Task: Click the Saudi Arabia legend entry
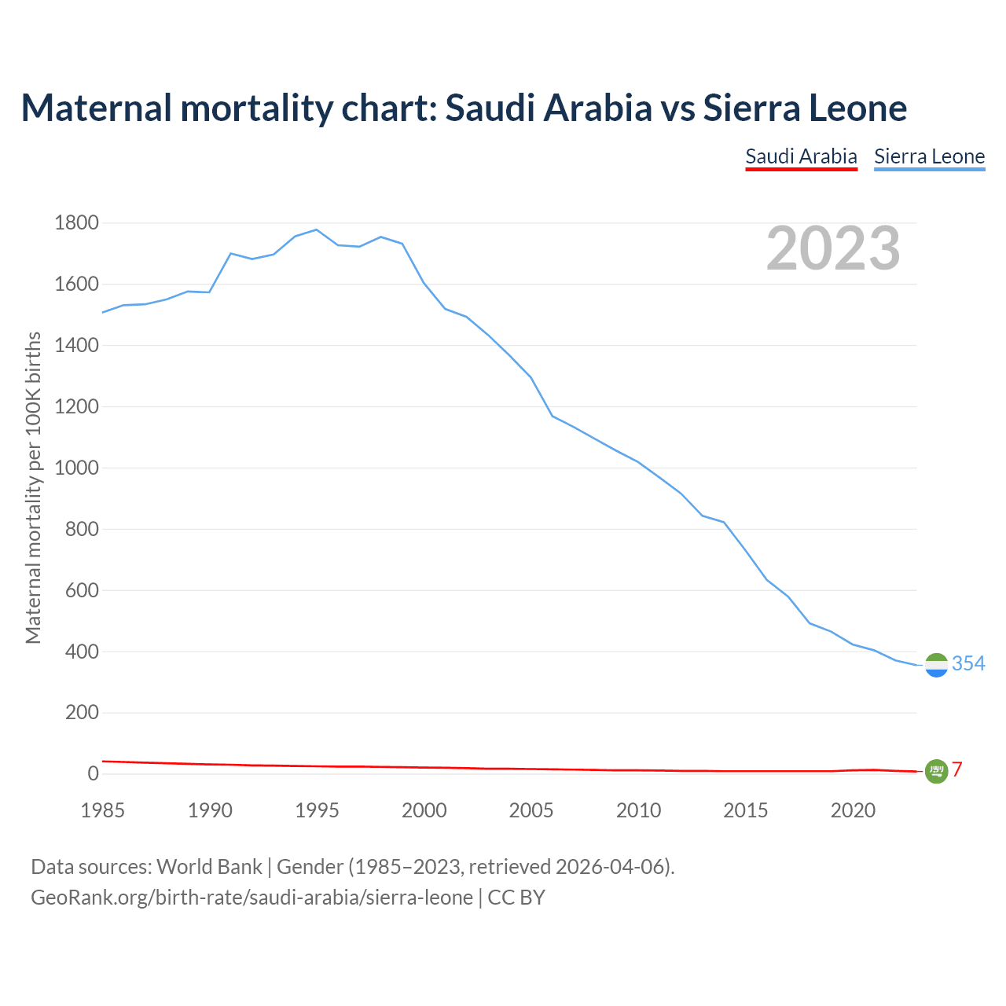801,156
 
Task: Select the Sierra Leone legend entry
929,156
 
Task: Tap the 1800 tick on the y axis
76,223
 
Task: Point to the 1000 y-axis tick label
76,468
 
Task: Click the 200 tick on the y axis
82,713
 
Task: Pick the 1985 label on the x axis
102,810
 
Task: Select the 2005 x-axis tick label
531,810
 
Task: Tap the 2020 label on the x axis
853,810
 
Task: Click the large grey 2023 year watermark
833,248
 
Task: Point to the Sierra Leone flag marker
936,665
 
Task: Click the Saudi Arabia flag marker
936,771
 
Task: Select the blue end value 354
968,664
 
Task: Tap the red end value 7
957,770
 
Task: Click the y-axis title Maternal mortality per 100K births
33,487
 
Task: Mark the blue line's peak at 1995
316,229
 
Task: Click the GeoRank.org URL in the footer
251,898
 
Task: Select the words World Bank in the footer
209,867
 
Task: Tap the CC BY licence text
516,898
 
